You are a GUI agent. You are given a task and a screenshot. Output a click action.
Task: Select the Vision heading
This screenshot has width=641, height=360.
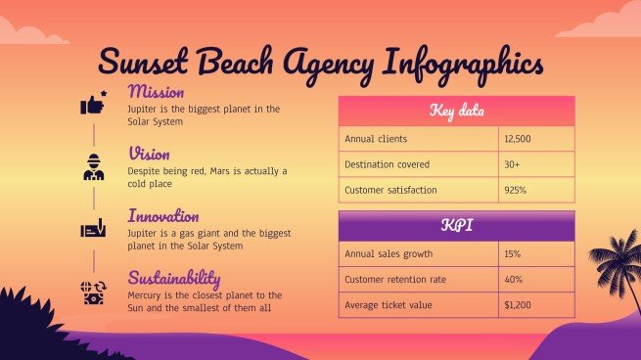149,154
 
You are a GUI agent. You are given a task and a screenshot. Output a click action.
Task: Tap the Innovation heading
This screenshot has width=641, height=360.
163,215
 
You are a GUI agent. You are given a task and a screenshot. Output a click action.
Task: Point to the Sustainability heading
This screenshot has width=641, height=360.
174,277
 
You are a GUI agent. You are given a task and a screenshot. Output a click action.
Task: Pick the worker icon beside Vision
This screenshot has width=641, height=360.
93,166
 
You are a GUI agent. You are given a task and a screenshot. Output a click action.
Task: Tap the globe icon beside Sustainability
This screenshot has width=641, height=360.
93,291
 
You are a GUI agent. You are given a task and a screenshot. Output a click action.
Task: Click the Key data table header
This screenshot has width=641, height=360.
456,111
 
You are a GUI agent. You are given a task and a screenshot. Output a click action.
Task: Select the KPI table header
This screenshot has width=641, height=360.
456,226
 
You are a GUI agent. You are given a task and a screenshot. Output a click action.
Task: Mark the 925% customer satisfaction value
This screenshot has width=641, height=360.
515,190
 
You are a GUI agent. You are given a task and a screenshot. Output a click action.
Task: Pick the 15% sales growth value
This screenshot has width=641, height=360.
512,254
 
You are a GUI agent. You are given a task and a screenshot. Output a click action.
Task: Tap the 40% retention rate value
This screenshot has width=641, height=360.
512,280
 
